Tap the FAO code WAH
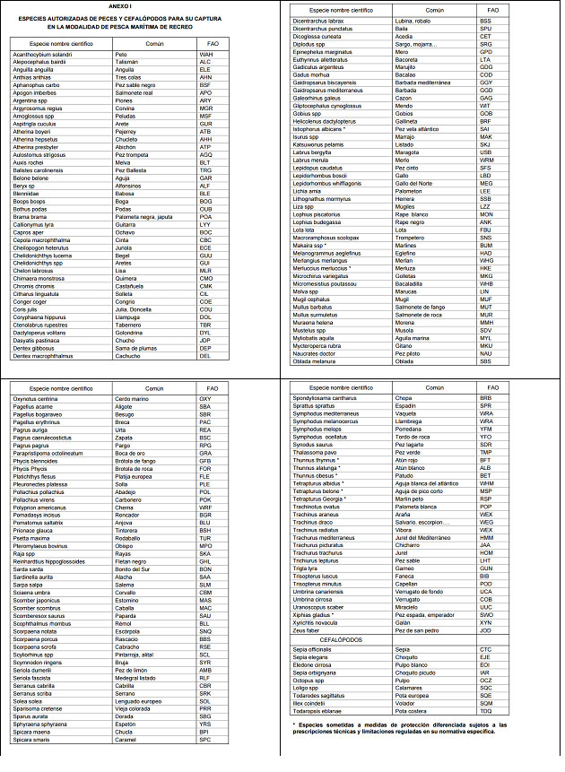(x=205, y=55)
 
